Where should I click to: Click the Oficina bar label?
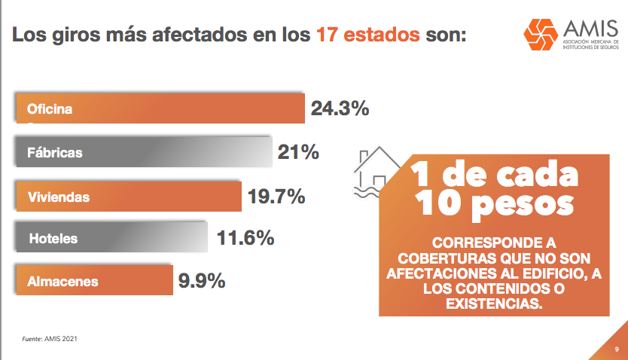coord(50,109)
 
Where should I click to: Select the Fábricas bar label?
coord(55,153)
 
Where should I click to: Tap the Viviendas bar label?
coord(59,197)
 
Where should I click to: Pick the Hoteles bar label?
coord(53,239)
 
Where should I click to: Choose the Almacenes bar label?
coord(63,282)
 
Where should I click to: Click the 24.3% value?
coord(340,108)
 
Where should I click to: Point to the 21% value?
coord(298,152)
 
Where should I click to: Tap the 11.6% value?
coord(245,239)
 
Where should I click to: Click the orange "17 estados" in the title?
coord(367,35)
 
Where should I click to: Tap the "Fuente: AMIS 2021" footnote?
coord(50,339)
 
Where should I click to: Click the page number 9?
coord(616,349)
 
